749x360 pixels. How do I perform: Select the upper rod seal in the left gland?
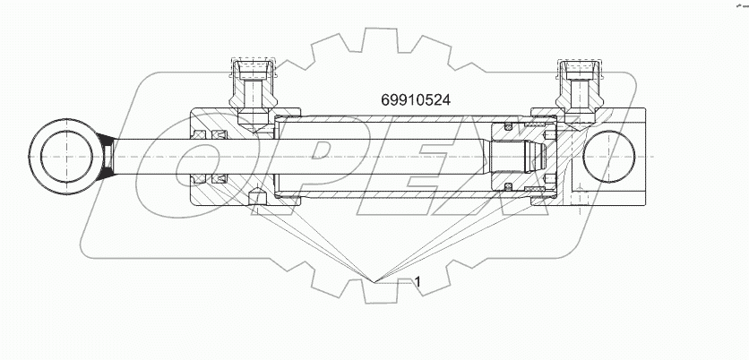point(220,134)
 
